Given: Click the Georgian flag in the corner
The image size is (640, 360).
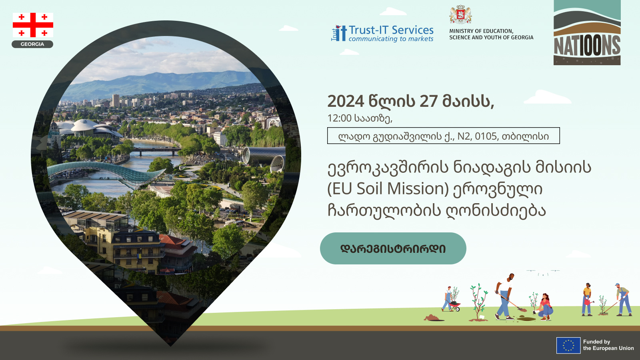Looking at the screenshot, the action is (33, 25).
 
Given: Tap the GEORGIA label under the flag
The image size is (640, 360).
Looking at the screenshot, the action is (32, 44).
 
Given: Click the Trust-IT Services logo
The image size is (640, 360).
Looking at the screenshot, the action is (382, 34).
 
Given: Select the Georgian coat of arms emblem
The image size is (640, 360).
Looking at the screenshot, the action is (460, 14).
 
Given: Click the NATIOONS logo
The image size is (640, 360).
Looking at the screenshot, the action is (587, 32).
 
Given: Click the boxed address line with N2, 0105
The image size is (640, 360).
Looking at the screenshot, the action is (443, 136).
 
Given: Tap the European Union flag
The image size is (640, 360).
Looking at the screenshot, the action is (568, 345).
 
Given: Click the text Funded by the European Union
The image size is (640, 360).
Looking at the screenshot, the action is (608, 345).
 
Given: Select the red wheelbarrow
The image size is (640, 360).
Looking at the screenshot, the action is (454, 306).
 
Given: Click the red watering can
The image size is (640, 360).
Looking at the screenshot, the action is (588, 302).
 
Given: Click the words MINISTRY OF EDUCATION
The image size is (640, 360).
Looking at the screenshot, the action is (481, 31).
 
